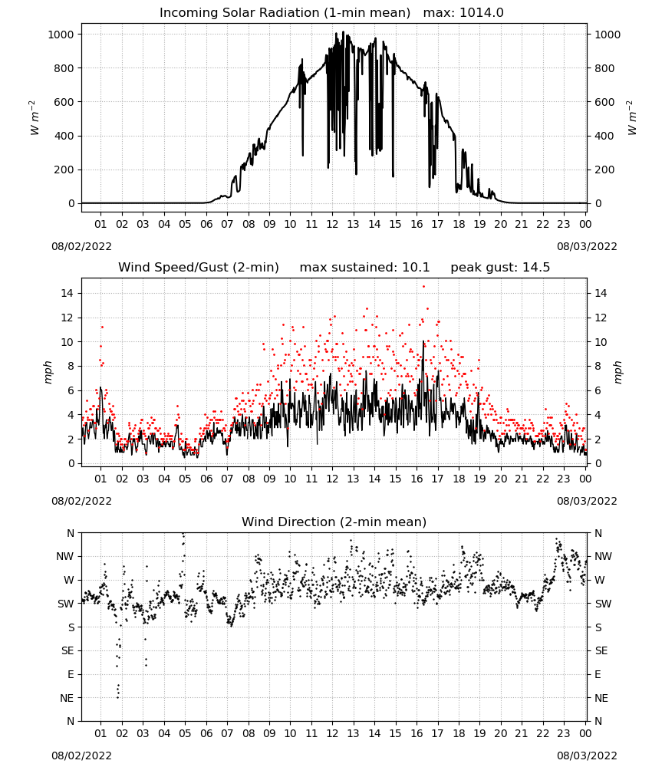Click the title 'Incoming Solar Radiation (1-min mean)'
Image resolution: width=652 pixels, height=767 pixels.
(285, 13)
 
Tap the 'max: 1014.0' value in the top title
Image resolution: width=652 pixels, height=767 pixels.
(463, 13)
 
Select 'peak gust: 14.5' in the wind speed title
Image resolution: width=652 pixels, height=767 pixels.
(500, 268)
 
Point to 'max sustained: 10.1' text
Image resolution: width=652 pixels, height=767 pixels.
(364, 268)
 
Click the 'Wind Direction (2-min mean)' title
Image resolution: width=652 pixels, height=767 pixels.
(334, 522)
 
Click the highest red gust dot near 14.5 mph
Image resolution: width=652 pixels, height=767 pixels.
(423, 287)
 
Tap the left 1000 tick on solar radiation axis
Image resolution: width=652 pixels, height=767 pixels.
(61, 35)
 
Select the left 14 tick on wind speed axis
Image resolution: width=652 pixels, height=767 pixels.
(68, 294)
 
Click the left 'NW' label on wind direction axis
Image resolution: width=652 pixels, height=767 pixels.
(65, 557)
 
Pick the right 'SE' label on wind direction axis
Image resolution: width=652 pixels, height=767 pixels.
(601, 651)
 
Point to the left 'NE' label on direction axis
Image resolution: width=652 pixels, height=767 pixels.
(67, 699)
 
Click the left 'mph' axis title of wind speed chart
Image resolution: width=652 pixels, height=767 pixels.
(48, 372)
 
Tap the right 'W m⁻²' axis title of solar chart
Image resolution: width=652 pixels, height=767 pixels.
(631, 118)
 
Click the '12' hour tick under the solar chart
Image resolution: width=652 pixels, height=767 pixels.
(332, 225)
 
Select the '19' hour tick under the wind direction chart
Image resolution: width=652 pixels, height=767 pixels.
(479, 734)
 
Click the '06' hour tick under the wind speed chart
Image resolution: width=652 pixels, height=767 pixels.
(206, 479)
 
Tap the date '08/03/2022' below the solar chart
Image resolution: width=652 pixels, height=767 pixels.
(587, 246)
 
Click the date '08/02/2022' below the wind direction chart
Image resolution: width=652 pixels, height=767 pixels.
(81, 755)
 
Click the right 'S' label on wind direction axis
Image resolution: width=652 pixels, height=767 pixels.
(598, 627)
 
